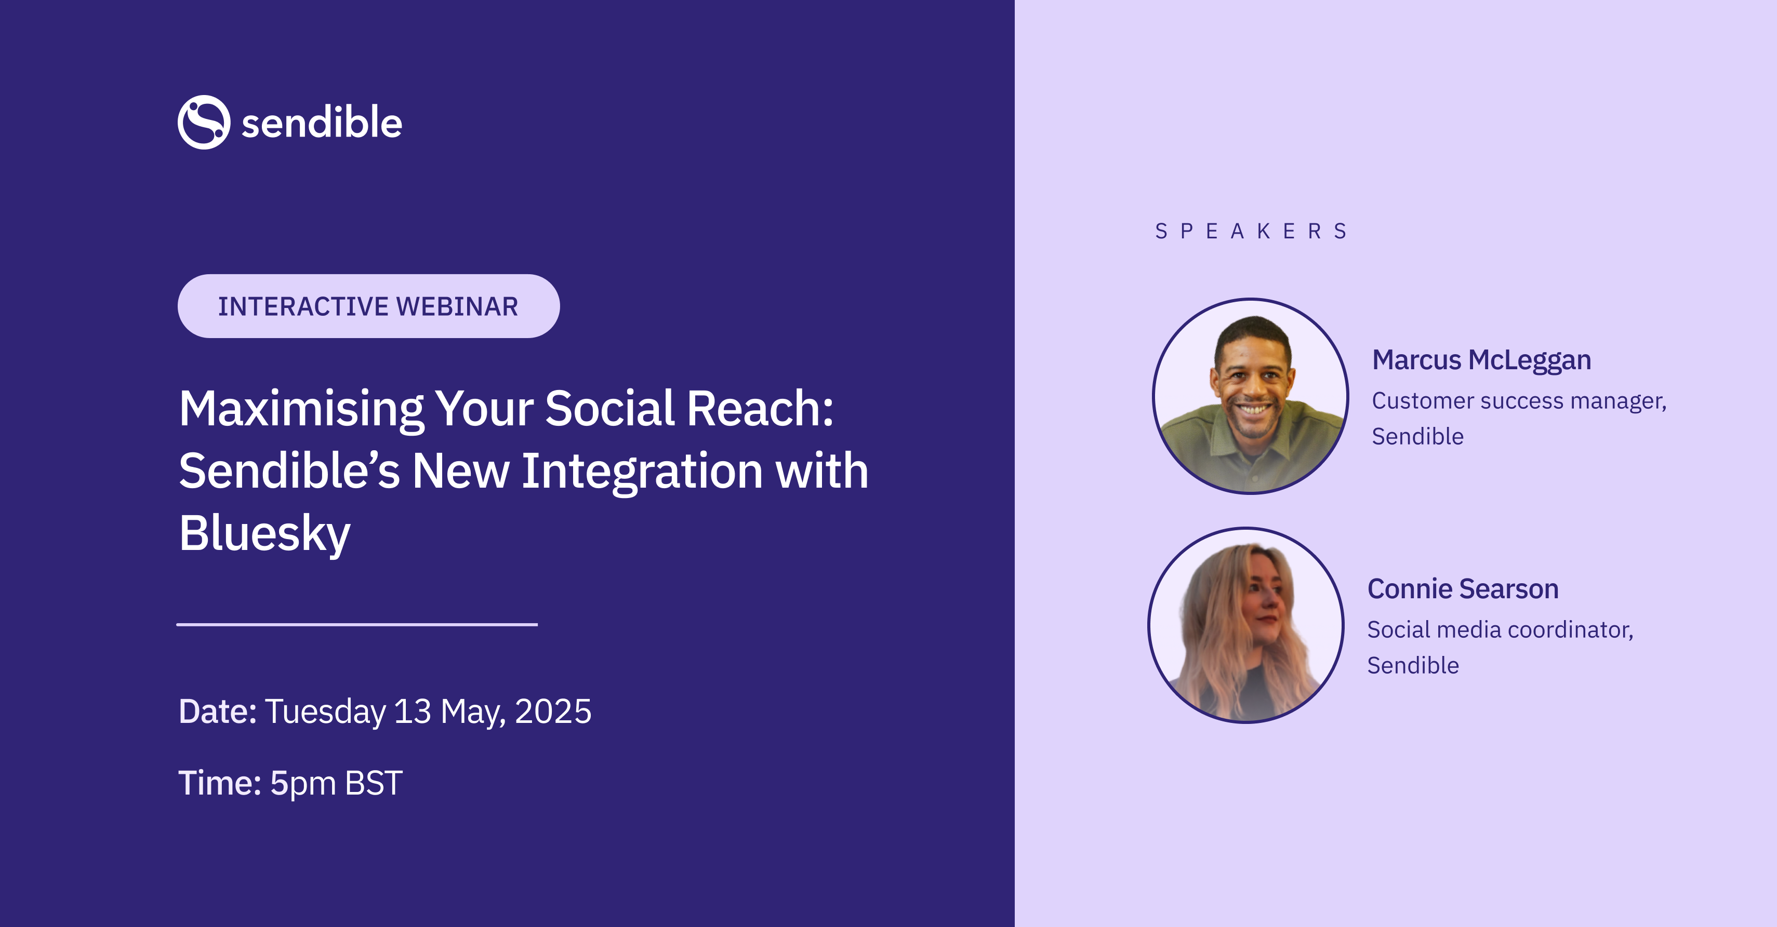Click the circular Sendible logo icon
[x=204, y=122]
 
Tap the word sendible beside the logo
[x=322, y=123]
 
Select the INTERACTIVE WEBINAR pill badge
[x=368, y=306]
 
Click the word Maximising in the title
[x=301, y=410]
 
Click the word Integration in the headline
[x=642, y=472]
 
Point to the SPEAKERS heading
[x=1251, y=231]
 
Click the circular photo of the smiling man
[x=1250, y=396]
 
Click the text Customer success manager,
[x=1519, y=401]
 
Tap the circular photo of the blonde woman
[x=1246, y=625]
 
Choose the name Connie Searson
[x=1463, y=589]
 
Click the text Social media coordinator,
[x=1501, y=630]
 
